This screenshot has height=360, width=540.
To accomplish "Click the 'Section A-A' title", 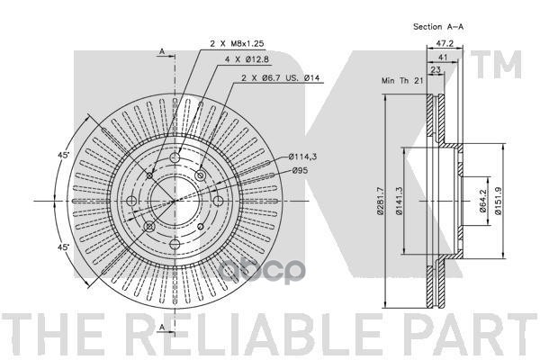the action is point(438,28).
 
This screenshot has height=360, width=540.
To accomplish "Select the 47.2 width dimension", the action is point(443,42).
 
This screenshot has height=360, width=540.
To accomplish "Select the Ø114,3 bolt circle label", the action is point(303,157).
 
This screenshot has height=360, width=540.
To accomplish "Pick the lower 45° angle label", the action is point(63,246).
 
